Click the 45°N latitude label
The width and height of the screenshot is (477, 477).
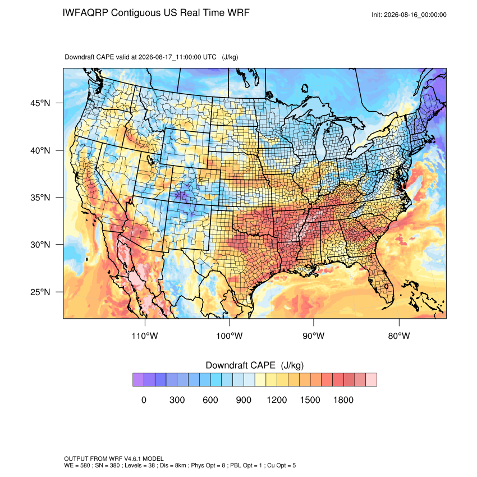click(x=40, y=103)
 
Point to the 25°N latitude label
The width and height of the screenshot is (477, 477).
click(x=40, y=292)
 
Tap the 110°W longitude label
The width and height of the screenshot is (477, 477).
click(x=145, y=336)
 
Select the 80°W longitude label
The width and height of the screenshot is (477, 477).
click(x=399, y=336)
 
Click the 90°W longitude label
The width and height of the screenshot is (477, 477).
click(x=314, y=336)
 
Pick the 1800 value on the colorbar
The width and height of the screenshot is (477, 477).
click(x=343, y=400)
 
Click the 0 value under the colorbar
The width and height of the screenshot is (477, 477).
click(x=144, y=400)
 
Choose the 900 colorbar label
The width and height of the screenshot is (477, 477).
click(x=244, y=400)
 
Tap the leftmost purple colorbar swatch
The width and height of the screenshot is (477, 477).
click(x=138, y=380)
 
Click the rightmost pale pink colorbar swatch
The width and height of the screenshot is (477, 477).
click(x=371, y=380)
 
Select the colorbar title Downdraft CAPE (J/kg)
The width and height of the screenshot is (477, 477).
click(x=255, y=365)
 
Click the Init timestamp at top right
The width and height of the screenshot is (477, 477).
click(x=409, y=15)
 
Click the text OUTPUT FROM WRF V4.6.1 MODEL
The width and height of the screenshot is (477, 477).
click(x=114, y=458)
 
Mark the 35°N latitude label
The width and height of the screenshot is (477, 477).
click(x=40, y=198)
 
